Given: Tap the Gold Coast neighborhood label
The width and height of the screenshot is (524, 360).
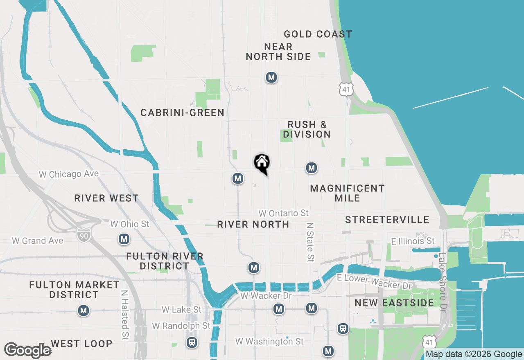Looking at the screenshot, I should [x=318, y=34].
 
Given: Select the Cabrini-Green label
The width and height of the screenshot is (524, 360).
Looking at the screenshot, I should [x=182, y=112].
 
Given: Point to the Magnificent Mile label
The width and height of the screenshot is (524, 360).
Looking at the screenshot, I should [x=347, y=193].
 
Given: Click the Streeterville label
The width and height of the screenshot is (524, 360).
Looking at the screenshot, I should [x=387, y=220].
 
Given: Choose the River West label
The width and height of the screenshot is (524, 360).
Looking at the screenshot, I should [x=106, y=198].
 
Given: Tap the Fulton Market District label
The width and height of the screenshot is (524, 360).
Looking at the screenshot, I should [x=74, y=290].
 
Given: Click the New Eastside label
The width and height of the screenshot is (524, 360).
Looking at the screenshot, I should [x=394, y=303].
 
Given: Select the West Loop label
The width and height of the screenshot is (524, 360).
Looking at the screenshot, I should [x=81, y=344].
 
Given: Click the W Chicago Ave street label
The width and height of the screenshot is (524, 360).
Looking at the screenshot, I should [x=69, y=174].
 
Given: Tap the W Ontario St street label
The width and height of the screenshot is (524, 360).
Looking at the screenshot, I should [x=284, y=213].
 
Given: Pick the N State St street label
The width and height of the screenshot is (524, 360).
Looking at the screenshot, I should [x=310, y=242].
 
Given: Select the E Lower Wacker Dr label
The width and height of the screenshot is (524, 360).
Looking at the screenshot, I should [x=374, y=282].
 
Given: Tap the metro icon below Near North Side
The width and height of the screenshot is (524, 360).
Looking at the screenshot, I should [x=271, y=77].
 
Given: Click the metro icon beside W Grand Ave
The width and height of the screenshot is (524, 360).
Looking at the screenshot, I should [x=124, y=239].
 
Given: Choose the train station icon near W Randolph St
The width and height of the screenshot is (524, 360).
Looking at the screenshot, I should [x=191, y=342].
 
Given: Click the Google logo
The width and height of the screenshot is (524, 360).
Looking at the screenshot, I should [x=27, y=350].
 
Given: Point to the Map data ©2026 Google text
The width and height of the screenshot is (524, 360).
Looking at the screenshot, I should [x=474, y=354].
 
